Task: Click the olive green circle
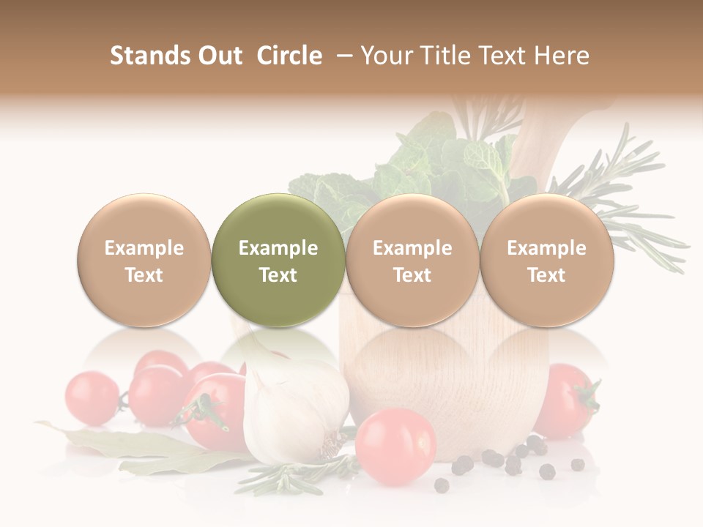[278, 261]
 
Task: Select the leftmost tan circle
[144, 261]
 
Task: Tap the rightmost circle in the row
[546, 261]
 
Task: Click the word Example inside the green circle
[278, 248]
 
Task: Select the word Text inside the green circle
[278, 275]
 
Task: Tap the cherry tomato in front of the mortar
[395, 446]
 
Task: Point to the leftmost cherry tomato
[92, 397]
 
